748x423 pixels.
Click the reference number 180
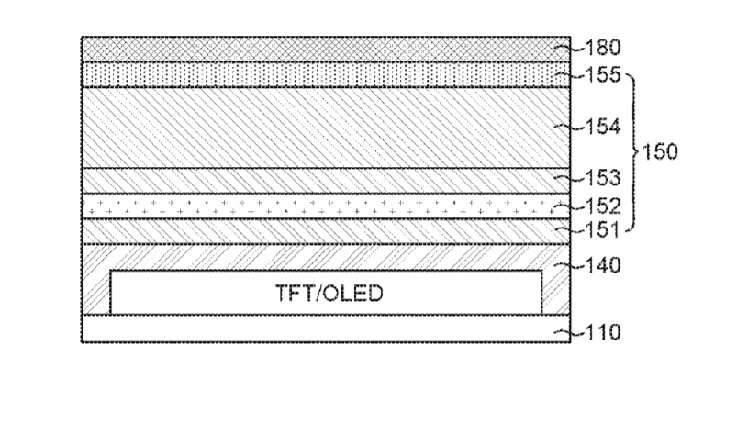coord(603,48)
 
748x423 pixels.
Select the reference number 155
coord(603,75)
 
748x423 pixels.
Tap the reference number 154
coord(603,127)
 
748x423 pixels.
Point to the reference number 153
coord(603,178)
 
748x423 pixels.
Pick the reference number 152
coord(603,206)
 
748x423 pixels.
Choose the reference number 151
coord(602,230)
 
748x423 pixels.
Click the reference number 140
coord(603,265)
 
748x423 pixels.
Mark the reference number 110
coord(603,332)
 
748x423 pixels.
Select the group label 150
coord(660,152)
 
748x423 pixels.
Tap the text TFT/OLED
coord(329,294)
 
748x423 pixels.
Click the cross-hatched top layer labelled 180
coord(326,50)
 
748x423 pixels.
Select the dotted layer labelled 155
coord(326,74)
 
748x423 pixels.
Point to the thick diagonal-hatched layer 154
coord(326,128)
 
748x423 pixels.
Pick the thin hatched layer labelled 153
coord(326,181)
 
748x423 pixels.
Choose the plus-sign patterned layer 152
coord(326,206)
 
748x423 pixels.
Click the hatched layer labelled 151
coord(326,231)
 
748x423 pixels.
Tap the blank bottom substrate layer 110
coord(326,328)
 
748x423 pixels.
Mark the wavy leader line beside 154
coord(570,127)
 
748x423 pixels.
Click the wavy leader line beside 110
coord(570,332)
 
